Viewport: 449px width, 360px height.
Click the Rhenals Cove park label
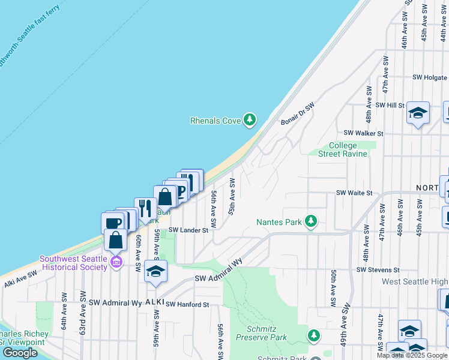pyautogui.click(x=215, y=121)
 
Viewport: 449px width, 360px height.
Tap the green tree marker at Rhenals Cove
pyautogui.click(x=250, y=120)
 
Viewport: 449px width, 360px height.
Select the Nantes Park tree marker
pyautogui.click(x=311, y=222)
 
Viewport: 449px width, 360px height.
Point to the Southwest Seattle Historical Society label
pyautogui.click(x=73, y=263)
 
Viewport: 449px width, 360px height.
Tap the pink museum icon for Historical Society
pyautogui.click(x=116, y=262)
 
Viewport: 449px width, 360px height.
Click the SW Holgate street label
pyautogui.click(x=429, y=77)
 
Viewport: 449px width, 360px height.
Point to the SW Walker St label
pyautogui.click(x=363, y=133)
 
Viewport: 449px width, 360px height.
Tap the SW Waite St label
pyautogui.click(x=354, y=193)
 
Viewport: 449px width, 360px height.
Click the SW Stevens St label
pyautogui.click(x=378, y=270)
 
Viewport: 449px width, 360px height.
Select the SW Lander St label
pyautogui.click(x=188, y=230)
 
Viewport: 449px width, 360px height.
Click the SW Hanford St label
pyautogui.click(x=187, y=305)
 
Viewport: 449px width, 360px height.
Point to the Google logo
pyautogui.click(x=20, y=353)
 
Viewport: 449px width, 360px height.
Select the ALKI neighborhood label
pyautogui.click(x=154, y=303)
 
